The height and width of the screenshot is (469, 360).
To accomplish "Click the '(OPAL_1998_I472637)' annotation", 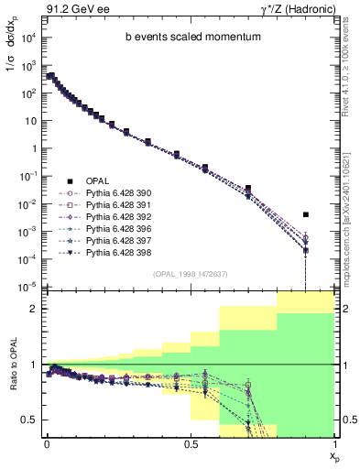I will tap(189, 274).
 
